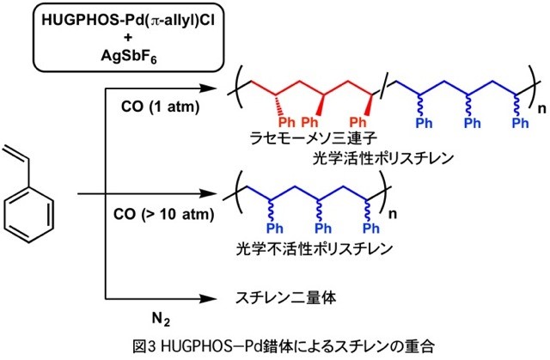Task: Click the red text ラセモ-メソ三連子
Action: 294,141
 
